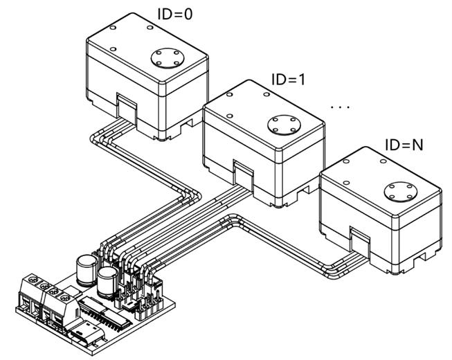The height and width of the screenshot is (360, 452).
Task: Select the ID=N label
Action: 404,146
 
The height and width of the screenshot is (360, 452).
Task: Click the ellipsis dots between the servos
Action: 341,108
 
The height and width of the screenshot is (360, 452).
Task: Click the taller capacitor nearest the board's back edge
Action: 87,266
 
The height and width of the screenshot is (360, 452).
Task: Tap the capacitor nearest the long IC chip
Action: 107,283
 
